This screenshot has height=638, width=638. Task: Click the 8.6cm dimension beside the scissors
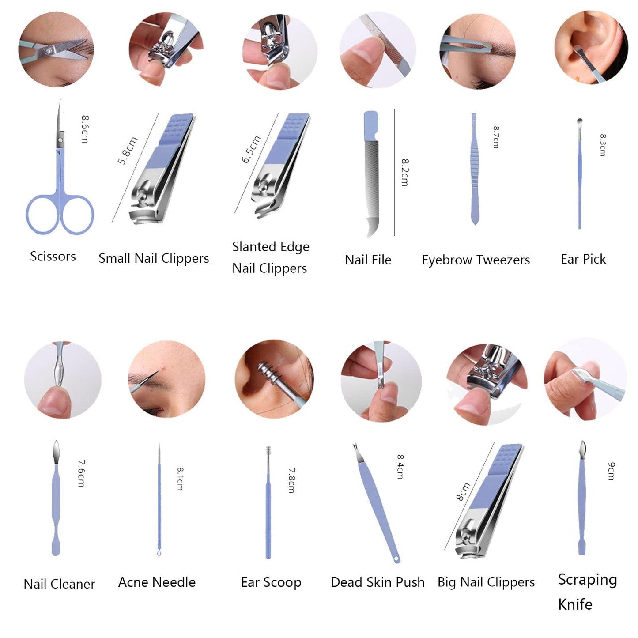[x=85, y=129]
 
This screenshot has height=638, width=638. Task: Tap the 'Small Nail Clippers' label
[x=154, y=258]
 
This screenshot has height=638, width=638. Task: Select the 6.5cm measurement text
[x=252, y=149]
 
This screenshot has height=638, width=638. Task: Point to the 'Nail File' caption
[x=368, y=260]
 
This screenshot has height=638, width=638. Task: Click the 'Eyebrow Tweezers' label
[x=476, y=260]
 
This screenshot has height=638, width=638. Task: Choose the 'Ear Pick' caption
[x=583, y=259]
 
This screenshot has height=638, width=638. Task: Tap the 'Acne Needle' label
[x=157, y=582]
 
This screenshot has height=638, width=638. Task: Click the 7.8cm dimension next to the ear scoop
[x=292, y=480]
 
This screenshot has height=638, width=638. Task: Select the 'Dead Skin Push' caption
[x=378, y=582]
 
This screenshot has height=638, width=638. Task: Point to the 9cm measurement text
[x=611, y=471]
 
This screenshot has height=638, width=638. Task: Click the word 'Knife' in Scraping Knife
[x=575, y=604]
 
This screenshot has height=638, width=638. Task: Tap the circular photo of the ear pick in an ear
[x=591, y=49]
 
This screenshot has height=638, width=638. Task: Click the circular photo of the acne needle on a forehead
[x=166, y=379]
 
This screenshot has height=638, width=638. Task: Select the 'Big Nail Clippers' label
[x=486, y=582]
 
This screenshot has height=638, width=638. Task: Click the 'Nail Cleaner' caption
[x=59, y=584]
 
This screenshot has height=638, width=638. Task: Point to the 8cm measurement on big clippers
[x=463, y=491]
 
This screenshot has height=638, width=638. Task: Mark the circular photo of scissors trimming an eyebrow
[x=56, y=49]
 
